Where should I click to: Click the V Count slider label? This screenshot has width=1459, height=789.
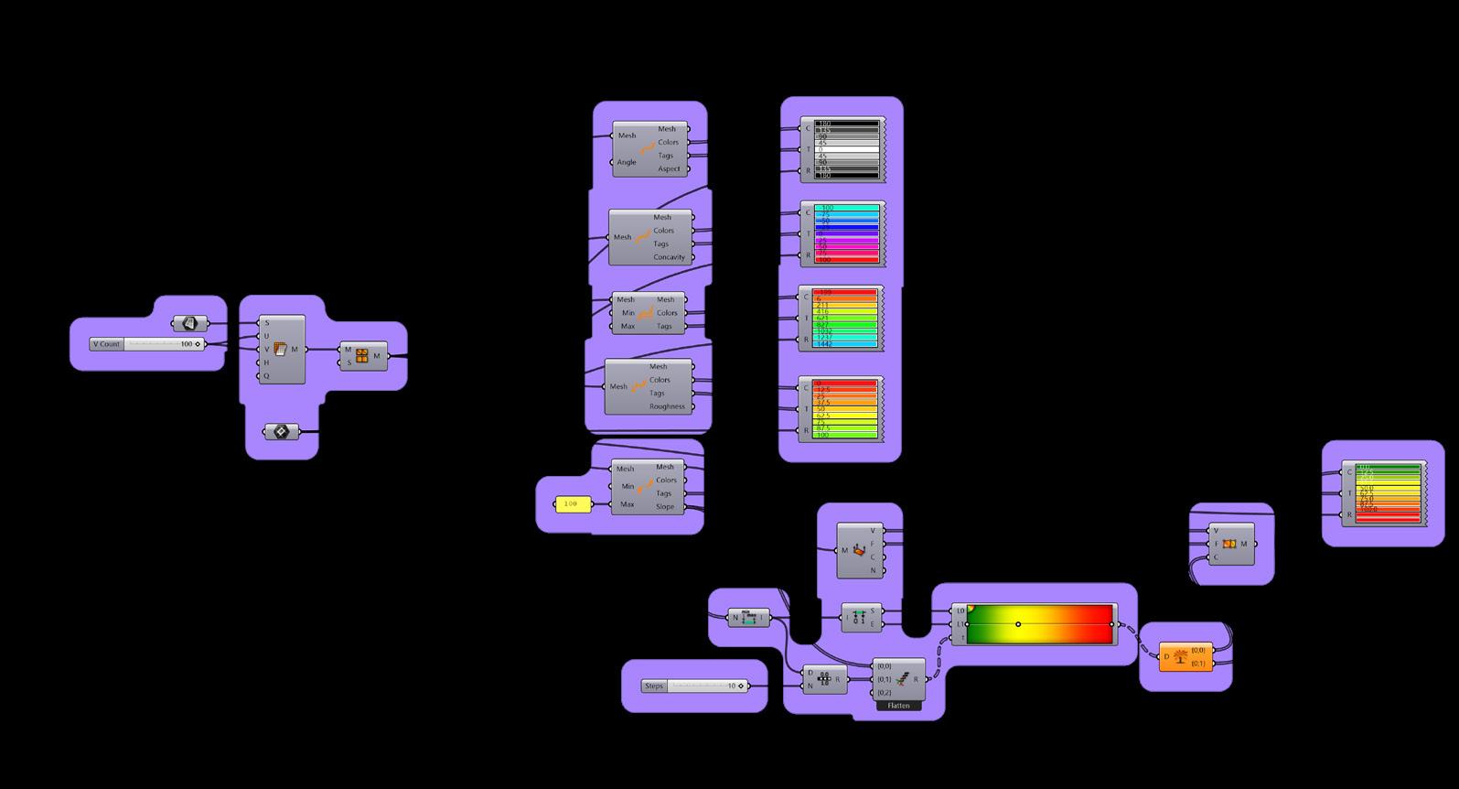(x=106, y=344)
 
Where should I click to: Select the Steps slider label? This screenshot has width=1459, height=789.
(x=654, y=686)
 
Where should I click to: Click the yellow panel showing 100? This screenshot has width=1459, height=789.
(x=573, y=504)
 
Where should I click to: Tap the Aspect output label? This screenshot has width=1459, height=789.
(x=669, y=168)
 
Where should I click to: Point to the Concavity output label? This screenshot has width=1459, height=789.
(x=669, y=257)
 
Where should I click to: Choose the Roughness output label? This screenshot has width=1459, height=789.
(x=667, y=406)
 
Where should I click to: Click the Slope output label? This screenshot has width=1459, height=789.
(x=665, y=506)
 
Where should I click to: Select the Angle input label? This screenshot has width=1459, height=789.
(x=627, y=162)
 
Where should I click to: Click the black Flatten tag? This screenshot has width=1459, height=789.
(x=898, y=706)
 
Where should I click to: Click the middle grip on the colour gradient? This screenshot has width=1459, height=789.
(x=1018, y=624)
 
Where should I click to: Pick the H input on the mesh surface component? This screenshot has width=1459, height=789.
(x=267, y=362)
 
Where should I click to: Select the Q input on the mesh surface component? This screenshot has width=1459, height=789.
(x=267, y=375)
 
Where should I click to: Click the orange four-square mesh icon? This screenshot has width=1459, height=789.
(x=362, y=356)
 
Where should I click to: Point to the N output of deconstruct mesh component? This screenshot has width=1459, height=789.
(x=873, y=570)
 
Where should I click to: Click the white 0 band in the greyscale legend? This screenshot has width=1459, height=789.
(x=846, y=149)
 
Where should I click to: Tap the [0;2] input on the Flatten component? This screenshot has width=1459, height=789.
(x=885, y=693)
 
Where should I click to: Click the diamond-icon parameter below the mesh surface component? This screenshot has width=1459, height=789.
(x=282, y=431)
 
